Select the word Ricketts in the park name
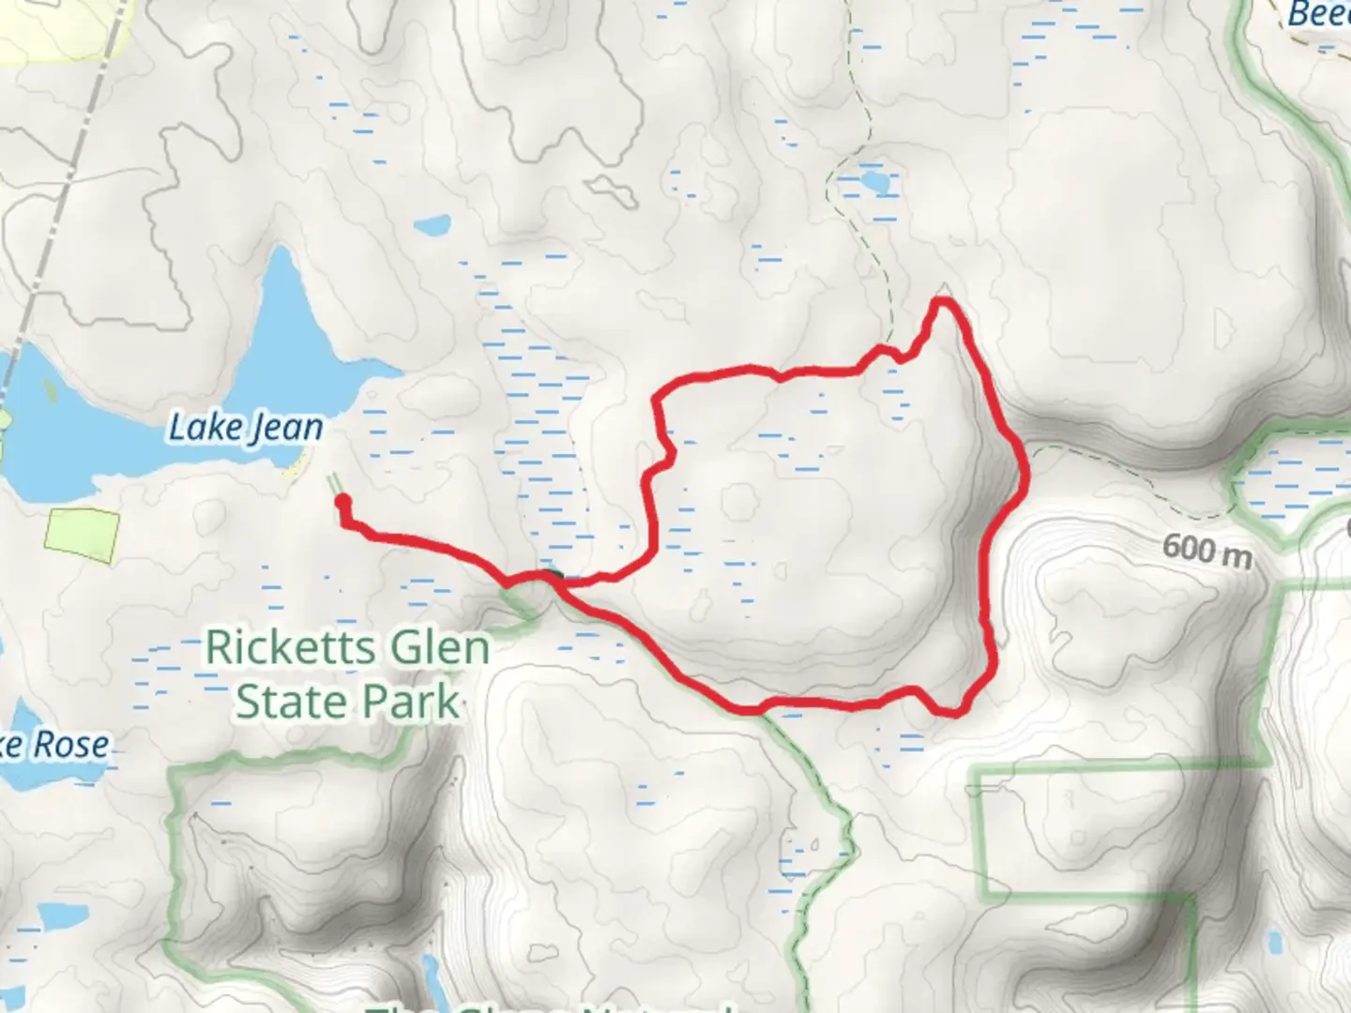(x=282, y=648)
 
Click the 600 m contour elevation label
(x=1206, y=550)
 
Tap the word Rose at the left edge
(x=71, y=745)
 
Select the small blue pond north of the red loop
(x=873, y=180)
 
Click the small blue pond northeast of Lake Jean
(x=433, y=226)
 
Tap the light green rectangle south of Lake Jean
(x=83, y=536)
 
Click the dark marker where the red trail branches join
(x=549, y=576)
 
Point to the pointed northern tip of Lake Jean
(x=281, y=251)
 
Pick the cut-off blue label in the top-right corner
(x=1317, y=13)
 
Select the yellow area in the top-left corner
(x=47, y=28)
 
